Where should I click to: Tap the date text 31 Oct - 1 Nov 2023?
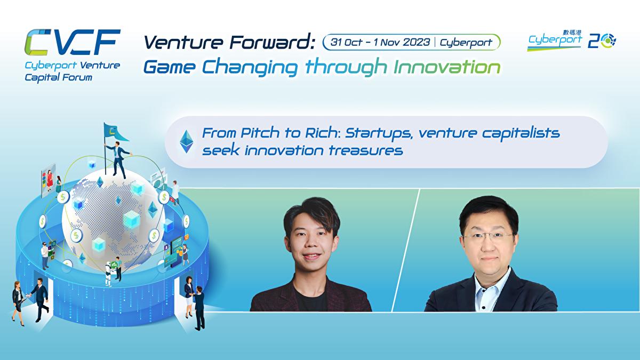pyautogui.click(x=380, y=42)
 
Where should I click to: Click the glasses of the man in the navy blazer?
pyautogui.click(x=485, y=235)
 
